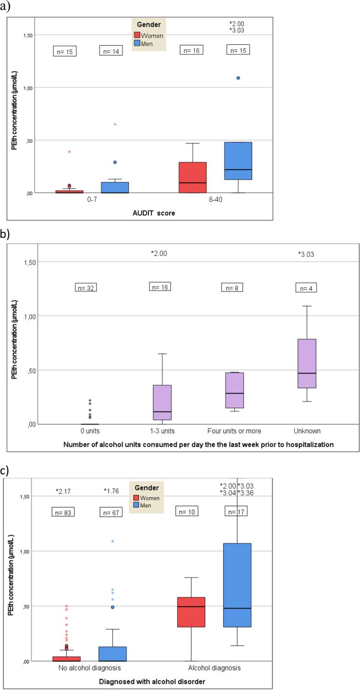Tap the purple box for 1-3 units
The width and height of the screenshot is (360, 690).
point(163,402)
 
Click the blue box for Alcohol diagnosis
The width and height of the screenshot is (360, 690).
point(237,585)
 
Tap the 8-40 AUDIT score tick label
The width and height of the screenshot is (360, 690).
point(215,201)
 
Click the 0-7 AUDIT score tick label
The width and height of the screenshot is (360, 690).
point(90,201)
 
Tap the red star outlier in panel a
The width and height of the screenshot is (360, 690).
point(70,152)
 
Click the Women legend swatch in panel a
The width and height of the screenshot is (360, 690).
point(137,36)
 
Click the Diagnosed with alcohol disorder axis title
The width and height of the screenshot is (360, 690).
point(152,681)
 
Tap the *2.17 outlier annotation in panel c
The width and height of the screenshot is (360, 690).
point(63,491)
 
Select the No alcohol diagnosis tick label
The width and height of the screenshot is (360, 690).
point(89,668)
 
